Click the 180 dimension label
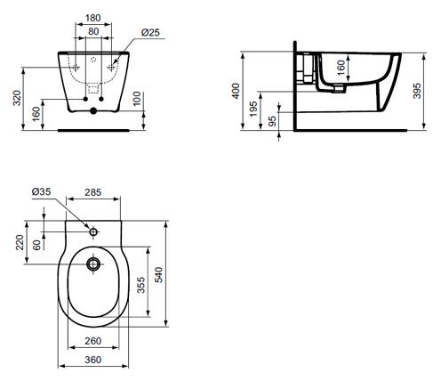pyautogui.click(x=93, y=18)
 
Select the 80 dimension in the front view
pyautogui.click(x=93, y=31)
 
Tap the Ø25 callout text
pyautogui.click(x=150, y=32)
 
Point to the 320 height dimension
pyautogui.click(x=18, y=98)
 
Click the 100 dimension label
pyautogui.click(x=137, y=99)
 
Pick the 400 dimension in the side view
pyautogui.click(x=236, y=91)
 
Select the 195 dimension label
pyautogui.click(x=253, y=109)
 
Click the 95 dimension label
pyautogui.click(x=272, y=120)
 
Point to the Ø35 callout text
pyautogui.click(x=41, y=191)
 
